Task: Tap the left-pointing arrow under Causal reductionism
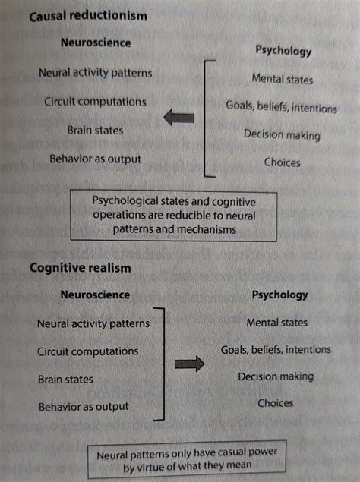(x=180, y=118)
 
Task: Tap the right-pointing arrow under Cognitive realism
(x=190, y=364)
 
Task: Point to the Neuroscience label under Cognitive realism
(x=94, y=295)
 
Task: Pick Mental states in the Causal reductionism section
(x=282, y=79)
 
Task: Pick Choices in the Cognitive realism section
(x=275, y=403)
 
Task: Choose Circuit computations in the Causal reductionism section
(x=95, y=101)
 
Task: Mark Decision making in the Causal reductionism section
(x=282, y=135)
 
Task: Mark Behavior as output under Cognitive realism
(x=83, y=406)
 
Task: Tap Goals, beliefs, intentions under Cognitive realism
(x=276, y=350)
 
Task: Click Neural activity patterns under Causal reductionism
(x=95, y=74)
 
